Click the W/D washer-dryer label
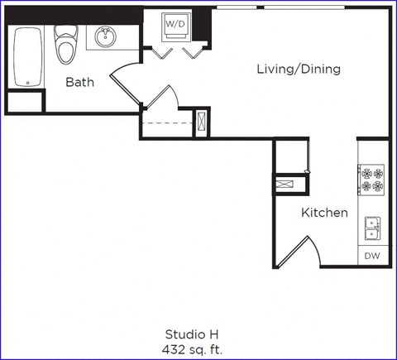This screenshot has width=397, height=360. pyautogui.click(x=175, y=25)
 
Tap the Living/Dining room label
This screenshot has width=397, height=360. pyautogui.click(x=299, y=70)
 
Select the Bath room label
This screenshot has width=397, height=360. pyautogui.click(x=80, y=83)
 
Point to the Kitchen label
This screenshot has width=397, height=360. pyautogui.click(x=324, y=213)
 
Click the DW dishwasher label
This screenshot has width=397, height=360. pyautogui.click(x=372, y=257)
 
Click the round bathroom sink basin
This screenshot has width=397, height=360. pyautogui.click(x=105, y=36)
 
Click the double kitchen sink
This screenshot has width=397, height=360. pyautogui.click(x=372, y=227)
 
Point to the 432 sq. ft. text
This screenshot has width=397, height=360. pyautogui.click(x=193, y=349)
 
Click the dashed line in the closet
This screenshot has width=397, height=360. pyautogui.click(x=165, y=123)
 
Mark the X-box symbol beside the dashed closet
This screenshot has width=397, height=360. pyautogui.click(x=200, y=122)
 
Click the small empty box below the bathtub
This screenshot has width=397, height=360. pyautogui.click(x=25, y=102)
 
